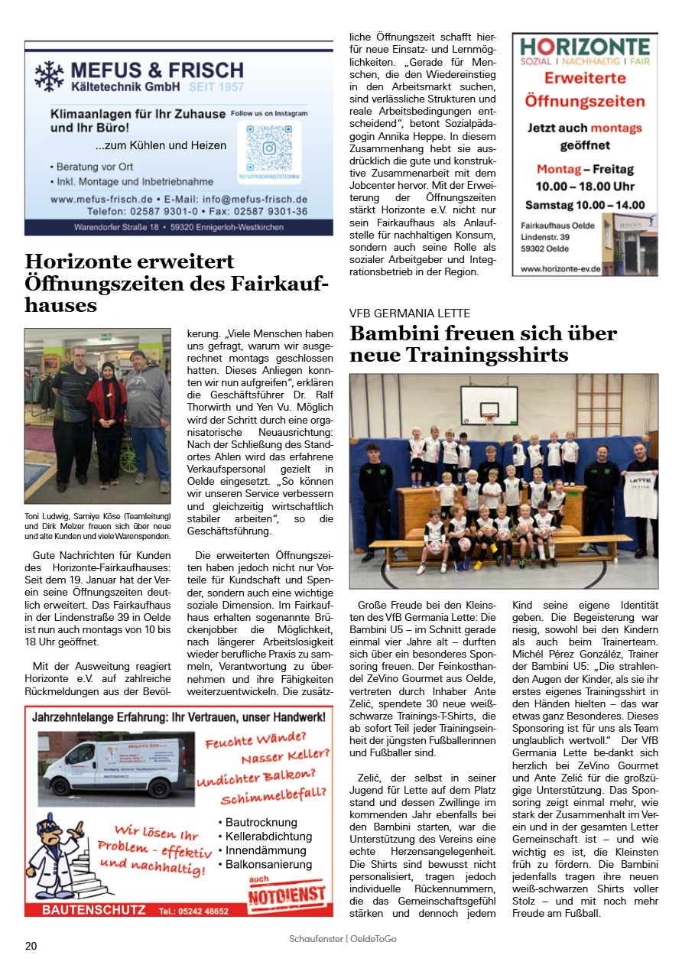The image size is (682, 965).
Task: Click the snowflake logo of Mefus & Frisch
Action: pyautogui.click(x=49, y=76)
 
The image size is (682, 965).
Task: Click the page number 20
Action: pyautogui.click(x=31, y=946)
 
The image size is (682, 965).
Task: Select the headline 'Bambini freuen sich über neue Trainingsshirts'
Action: pyautogui.click(x=482, y=344)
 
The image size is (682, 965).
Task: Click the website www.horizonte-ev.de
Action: pyautogui.click(x=560, y=268)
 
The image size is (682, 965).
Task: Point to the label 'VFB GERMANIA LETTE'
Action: pyautogui.click(x=410, y=314)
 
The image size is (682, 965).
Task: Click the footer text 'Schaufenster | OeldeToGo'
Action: pyautogui.click(x=343, y=939)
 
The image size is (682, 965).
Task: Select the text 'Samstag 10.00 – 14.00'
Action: pyautogui.click(x=585, y=205)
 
